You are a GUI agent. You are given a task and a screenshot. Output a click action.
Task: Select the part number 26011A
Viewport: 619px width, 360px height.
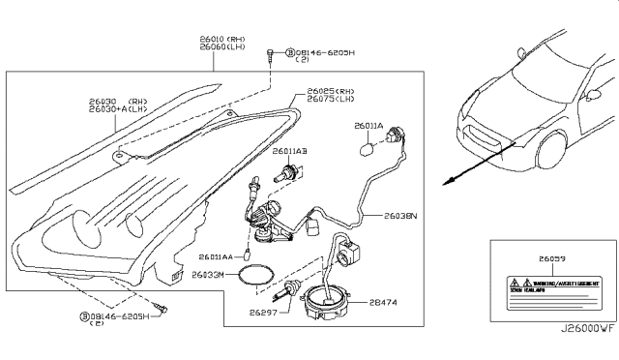(368, 126)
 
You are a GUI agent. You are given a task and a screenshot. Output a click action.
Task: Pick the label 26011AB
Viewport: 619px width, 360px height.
(288, 152)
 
